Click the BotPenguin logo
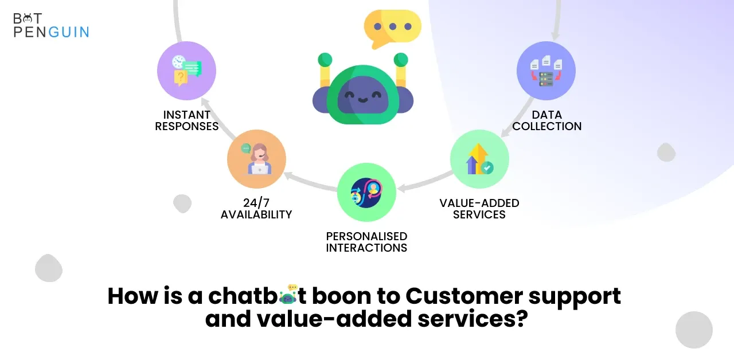click(x=51, y=25)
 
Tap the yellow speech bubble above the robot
click(x=393, y=29)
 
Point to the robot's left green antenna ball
click(x=325, y=60)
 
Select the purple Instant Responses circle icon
click(x=186, y=71)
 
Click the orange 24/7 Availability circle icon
click(x=256, y=159)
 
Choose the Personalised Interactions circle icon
click(x=366, y=192)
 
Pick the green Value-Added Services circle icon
click(x=479, y=159)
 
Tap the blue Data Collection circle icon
click(x=546, y=71)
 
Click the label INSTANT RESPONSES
click(x=187, y=120)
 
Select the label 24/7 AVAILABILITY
click(x=256, y=209)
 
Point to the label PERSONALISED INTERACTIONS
click(x=366, y=242)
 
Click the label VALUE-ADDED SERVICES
click(x=479, y=209)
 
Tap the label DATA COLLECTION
click(x=547, y=120)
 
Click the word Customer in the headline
click(x=464, y=296)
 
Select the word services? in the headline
click(x=473, y=319)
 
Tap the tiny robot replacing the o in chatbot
click(x=288, y=295)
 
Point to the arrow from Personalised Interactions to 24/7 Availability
click(x=310, y=182)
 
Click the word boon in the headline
click(x=341, y=296)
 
